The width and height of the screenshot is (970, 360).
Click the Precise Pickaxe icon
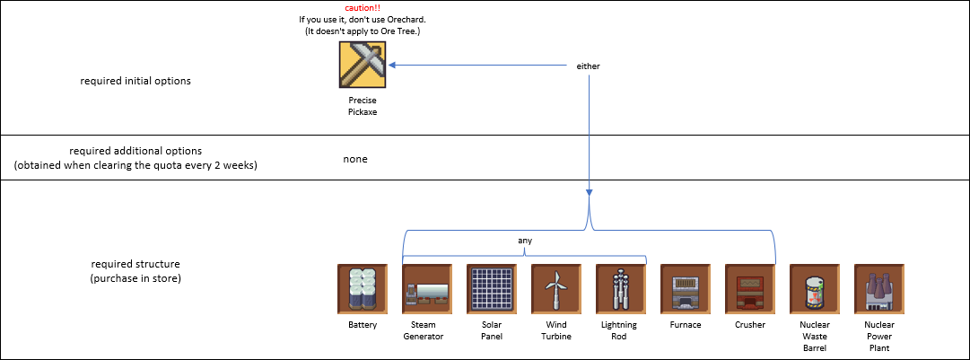tap(363, 66)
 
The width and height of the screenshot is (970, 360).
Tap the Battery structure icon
tap(363, 288)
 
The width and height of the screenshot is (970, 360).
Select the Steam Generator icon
tap(427, 288)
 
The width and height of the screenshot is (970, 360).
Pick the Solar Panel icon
tap(492, 288)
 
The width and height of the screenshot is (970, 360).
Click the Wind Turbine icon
tap(556, 288)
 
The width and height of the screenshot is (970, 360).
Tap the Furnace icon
tap(686, 288)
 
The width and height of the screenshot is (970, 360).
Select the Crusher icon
tap(750, 288)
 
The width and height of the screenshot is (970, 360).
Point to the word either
tap(588, 66)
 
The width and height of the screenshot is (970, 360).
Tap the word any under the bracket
tap(525, 240)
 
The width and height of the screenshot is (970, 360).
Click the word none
tap(355, 159)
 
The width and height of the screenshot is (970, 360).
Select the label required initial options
tap(135, 81)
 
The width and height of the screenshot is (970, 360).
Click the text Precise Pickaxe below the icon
tap(363, 106)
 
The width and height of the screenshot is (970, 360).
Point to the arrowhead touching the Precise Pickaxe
tap(393, 66)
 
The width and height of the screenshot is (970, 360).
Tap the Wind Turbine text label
tap(556, 330)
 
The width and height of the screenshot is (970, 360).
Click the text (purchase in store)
tap(135, 279)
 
